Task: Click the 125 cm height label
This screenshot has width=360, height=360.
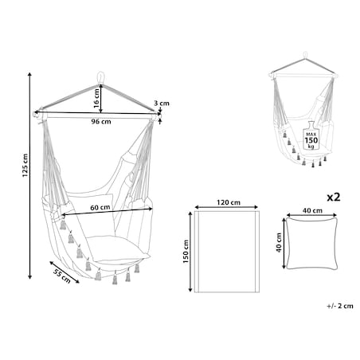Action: [25, 165]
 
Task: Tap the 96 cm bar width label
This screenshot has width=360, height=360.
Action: [101, 122]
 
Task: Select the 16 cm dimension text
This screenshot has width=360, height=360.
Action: [96, 98]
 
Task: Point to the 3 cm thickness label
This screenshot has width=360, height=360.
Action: [162, 103]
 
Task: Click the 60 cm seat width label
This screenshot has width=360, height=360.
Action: [100, 207]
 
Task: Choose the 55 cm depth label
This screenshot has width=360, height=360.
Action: [62, 276]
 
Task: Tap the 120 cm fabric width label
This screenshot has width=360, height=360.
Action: [229, 202]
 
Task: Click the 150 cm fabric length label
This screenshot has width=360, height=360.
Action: [186, 252]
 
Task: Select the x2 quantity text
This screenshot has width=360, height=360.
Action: [333, 197]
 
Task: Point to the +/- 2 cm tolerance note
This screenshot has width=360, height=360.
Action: [340, 306]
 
